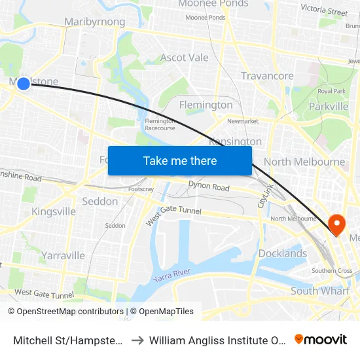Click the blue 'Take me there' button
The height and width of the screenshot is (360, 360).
pos(180,161)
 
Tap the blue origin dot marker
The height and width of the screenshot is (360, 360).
pos(24,83)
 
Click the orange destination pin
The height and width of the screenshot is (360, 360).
pos(337,225)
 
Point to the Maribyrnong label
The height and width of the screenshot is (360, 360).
pos(94,22)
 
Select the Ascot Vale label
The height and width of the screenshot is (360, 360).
pos(185,58)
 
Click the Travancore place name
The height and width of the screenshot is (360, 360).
pos(267,76)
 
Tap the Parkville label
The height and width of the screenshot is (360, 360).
pos(329,106)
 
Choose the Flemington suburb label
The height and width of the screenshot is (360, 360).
pos(206,105)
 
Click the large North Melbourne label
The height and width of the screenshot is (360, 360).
pos(304,162)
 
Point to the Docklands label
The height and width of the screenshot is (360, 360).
pos(283,253)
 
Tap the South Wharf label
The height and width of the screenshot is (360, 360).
pos(320,291)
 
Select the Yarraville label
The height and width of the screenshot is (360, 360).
pos(63,255)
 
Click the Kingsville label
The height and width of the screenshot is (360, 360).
pos(54,211)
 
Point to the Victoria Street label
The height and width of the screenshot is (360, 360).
pos(324,10)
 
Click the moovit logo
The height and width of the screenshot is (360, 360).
pos(321,339)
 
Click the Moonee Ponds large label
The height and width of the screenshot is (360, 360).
pos(213,4)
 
